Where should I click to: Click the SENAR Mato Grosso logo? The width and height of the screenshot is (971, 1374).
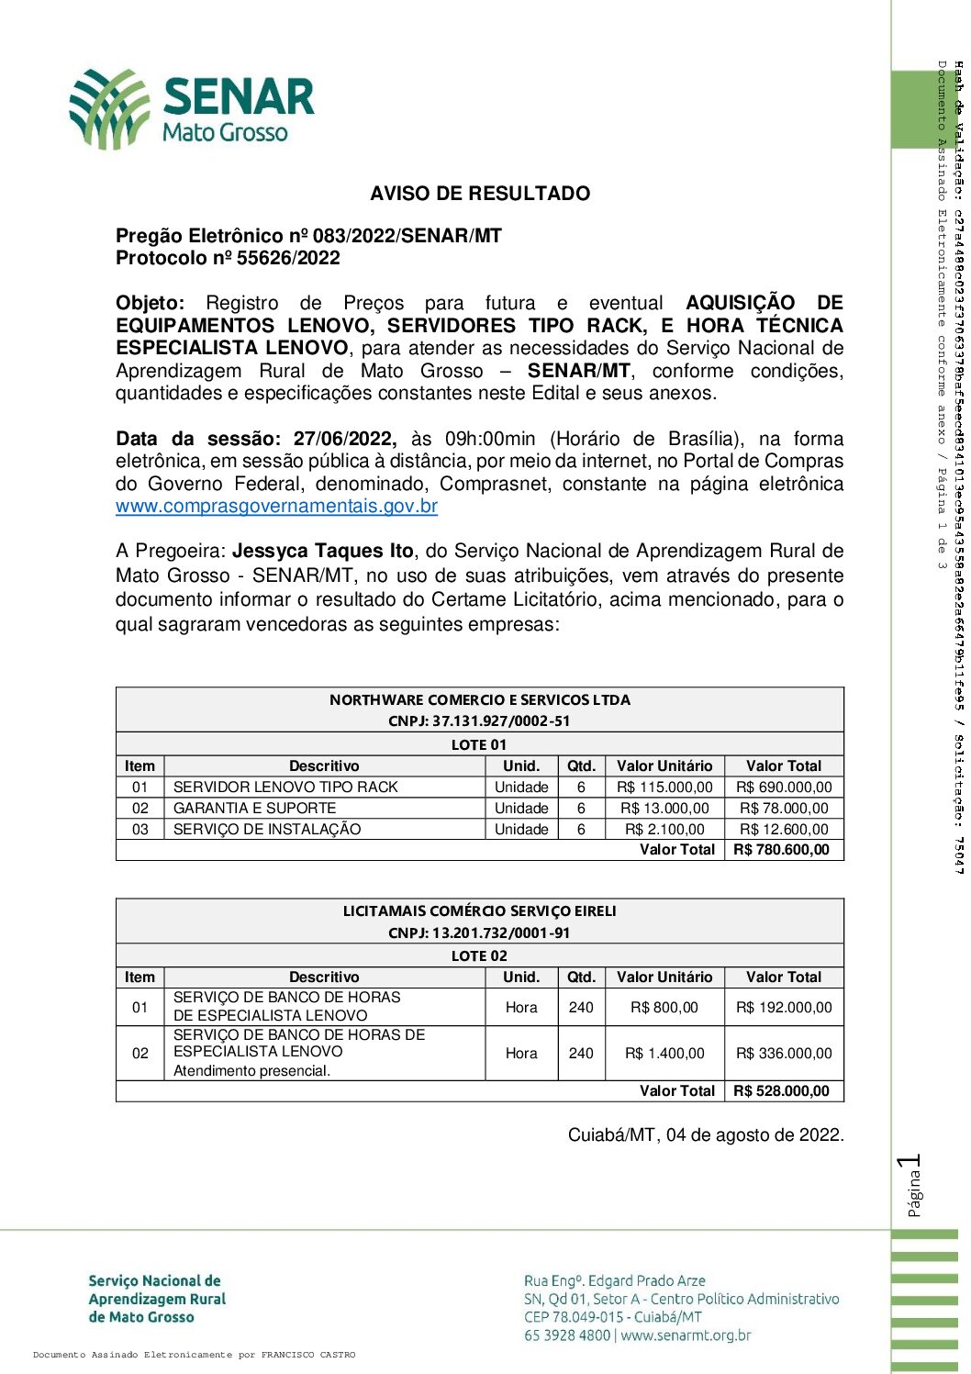coord(192,109)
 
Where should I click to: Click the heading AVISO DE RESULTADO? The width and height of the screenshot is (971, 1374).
coord(480,194)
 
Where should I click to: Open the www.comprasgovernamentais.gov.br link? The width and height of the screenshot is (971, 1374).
coord(276,507)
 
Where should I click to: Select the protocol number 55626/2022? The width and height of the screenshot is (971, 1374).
coord(288,259)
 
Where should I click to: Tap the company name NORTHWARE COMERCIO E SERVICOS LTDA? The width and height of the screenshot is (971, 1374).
coord(480,700)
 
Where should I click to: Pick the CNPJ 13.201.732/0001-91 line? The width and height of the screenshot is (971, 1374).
coord(479,933)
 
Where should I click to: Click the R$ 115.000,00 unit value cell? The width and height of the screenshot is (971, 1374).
coord(664,788)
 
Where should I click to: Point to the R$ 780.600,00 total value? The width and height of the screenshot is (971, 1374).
coord(782,850)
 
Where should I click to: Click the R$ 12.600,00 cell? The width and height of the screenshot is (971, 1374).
coord(784,830)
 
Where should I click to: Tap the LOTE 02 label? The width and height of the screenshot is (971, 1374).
coord(479,956)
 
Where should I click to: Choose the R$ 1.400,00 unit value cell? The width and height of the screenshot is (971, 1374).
coord(664,1054)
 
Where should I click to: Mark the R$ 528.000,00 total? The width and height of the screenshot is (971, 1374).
coord(782,1091)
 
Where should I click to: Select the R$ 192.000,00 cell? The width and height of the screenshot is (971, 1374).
coord(784,1008)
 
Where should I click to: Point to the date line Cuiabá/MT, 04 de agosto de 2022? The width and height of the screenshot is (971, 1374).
coord(705,1135)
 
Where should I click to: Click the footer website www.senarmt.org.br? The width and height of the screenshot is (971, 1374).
coord(686,1335)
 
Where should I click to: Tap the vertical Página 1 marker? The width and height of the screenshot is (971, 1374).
coord(911,1186)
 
